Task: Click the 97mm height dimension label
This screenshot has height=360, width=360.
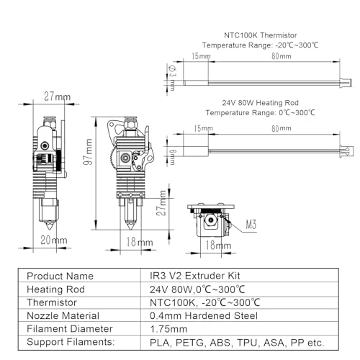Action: (88, 152)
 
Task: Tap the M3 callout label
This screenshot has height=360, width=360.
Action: (251, 225)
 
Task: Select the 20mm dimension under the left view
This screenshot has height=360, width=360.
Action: (54, 240)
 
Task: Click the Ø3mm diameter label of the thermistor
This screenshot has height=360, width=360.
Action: (172, 78)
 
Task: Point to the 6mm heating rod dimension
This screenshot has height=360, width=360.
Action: (173, 157)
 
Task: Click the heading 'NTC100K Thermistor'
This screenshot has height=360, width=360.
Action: (261, 35)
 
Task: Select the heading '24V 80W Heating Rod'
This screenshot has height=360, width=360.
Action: (260, 103)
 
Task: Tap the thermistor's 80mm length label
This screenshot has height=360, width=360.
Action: (282, 56)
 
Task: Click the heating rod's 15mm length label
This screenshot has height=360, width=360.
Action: (203, 128)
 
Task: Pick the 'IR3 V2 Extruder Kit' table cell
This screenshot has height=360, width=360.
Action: (195, 276)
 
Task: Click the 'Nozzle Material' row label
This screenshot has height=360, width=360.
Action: (63, 315)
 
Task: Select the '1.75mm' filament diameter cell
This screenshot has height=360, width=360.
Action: (168, 329)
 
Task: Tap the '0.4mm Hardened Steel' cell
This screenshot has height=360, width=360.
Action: (204, 315)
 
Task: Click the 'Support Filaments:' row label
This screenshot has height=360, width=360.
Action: (71, 342)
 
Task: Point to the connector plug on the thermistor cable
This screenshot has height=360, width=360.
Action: (346, 83)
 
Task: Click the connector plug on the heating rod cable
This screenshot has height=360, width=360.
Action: (346, 151)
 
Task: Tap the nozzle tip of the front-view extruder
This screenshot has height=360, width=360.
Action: (130, 229)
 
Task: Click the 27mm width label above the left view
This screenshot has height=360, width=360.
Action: (58, 96)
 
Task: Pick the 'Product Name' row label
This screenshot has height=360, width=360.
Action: (60, 276)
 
